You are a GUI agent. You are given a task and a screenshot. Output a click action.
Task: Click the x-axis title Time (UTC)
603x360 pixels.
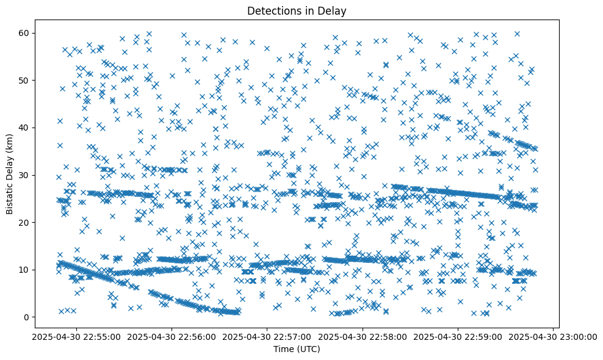pos(296,349)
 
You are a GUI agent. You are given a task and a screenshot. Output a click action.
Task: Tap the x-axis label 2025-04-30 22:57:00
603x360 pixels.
pos(266,336)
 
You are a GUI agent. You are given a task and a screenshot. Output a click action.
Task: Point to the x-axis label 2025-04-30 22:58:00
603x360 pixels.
pos(362,336)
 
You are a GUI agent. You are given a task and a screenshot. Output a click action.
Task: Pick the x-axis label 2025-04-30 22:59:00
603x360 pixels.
pos(458,336)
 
